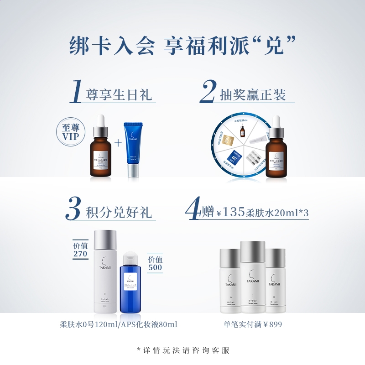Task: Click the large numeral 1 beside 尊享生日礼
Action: tap(77, 91)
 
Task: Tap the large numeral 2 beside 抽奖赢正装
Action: tap(208, 91)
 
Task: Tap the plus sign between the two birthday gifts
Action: tap(118, 143)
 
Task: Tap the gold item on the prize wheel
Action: tap(229, 132)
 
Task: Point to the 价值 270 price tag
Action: tap(80, 250)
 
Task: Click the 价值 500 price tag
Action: tap(155, 263)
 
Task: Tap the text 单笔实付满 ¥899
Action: tap(252, 324)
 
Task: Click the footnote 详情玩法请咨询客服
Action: tap(182, 350)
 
